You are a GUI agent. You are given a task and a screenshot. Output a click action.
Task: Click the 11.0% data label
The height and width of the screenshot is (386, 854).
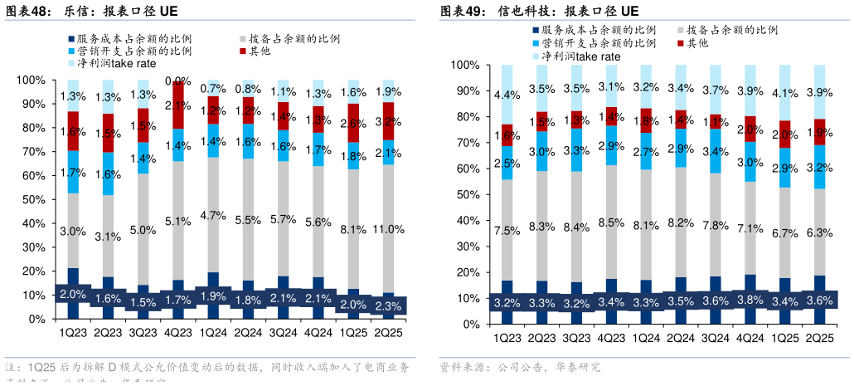click(386, 230)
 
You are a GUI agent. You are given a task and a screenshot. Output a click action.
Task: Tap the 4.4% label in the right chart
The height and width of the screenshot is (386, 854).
click(507, 95)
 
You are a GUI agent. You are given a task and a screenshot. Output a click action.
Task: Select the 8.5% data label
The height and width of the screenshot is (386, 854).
click(610, 222)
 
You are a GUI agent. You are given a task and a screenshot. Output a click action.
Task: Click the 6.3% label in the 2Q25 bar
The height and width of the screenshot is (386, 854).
click(819, 232)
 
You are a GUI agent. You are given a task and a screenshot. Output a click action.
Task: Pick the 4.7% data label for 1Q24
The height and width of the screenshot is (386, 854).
click(213, 215)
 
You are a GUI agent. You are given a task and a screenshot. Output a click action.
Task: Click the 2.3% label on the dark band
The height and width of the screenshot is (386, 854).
click(386, 306)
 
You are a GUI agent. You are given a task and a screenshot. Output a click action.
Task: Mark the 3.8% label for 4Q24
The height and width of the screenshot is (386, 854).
click(750, 300)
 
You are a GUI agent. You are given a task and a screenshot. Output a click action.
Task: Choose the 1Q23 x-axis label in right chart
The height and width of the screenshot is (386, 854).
click(507, 339)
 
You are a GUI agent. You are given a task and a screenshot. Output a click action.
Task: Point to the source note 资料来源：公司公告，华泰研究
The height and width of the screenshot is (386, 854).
click(519, 367)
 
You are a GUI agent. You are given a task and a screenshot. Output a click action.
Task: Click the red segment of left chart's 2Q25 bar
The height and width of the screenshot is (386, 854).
click(386, 121)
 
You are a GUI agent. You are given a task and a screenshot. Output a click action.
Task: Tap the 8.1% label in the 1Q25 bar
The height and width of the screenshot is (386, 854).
click(352, 230)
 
